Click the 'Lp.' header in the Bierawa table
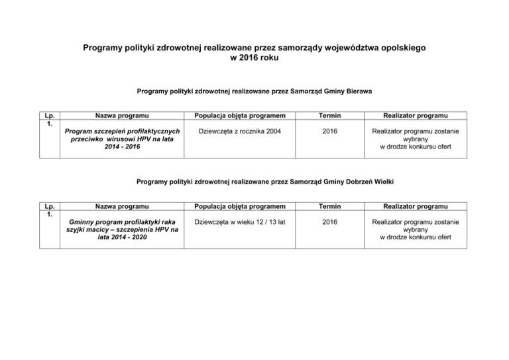tap(47, 114)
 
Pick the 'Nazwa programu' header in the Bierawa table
tap(121, 115)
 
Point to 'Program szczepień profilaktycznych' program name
tap(121, 131)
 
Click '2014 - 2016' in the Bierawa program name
tap(121, 147)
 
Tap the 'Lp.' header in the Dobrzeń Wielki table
tap(47, 206)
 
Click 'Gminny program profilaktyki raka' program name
tap(121, 222)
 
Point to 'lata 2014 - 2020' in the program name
tap(121, 237)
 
